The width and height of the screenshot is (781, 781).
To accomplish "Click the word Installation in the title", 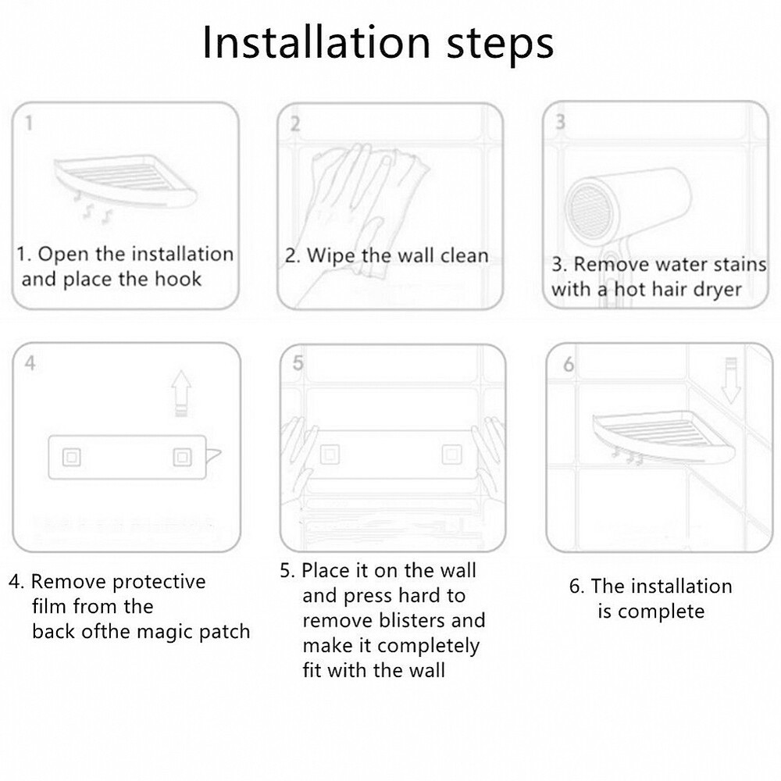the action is click(x=316, y=42).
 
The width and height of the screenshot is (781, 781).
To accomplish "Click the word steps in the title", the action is click(x=500, y=45).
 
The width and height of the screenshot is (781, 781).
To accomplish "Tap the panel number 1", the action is click(x=29, y=123).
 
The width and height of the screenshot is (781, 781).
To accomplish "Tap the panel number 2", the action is click(x=295, y=123).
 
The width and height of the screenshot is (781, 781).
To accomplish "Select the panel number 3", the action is click(x=560, y=122).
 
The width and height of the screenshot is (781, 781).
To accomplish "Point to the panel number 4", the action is click(x=30, y=363).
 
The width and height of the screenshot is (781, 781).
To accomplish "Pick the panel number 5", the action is click(x=298, y=363).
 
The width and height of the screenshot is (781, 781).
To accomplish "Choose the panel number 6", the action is click(x=569, y=365).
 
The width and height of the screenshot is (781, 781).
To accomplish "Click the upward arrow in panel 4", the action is click(x=181, y=393).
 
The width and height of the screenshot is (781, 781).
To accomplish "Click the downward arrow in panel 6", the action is click(x=731, y=380).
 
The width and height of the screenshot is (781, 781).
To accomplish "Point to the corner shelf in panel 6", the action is click(x=663, y=436).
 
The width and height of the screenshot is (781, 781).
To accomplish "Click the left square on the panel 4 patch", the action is click(x=72, y=457).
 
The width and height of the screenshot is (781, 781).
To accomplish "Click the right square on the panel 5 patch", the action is click(x=451, y=455).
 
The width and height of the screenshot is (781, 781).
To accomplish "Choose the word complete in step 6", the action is click(x=661, y=612).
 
